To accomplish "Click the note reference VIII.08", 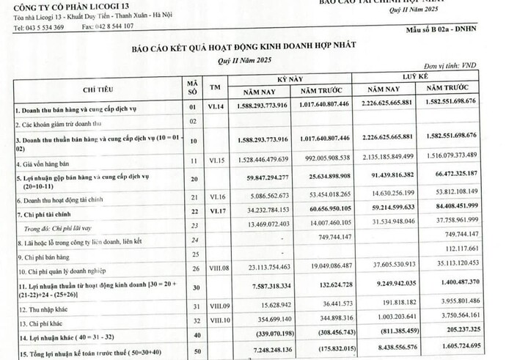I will click(216, 269).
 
